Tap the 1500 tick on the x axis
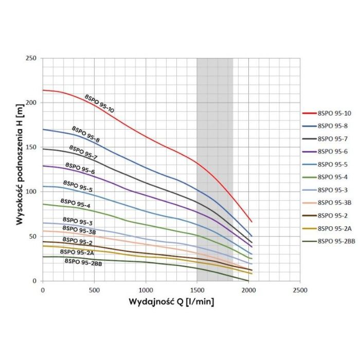[197, 290]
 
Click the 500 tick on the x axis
[94, 290]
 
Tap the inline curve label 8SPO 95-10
[99, 103]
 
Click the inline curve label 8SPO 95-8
[85, 134]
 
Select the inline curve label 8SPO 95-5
[78, 186]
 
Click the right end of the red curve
[251, 222]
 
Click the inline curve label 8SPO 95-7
[83, 152]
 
